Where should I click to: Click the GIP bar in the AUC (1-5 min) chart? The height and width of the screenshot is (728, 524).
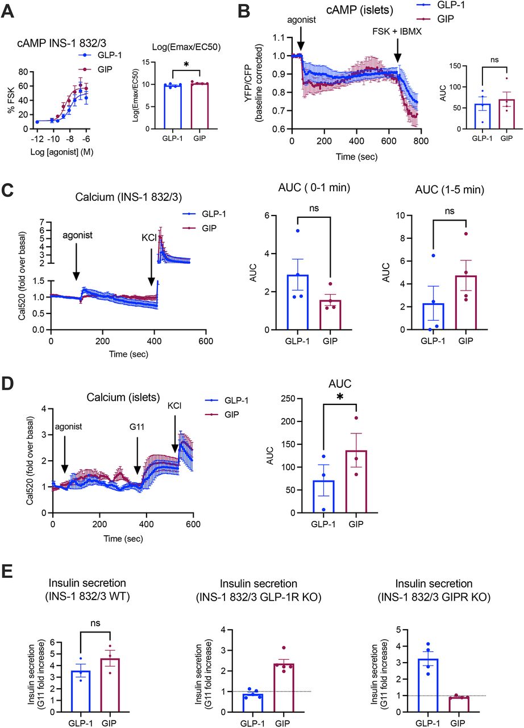(451, 302)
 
